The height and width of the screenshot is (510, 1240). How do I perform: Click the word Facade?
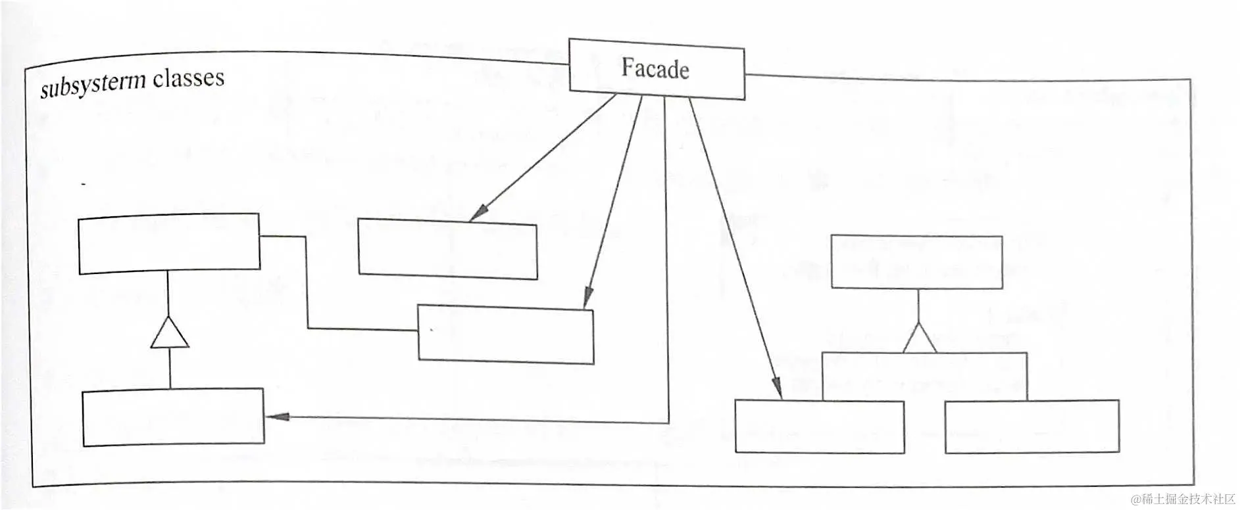tap(655, 69)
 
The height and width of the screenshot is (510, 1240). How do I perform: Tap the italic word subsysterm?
tap(93, 85)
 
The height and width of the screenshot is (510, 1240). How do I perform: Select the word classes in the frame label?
tap(189, 78)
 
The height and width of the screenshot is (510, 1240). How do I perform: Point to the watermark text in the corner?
tap(1183, 499)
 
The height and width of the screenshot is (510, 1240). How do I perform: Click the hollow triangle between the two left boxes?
tap(170, 333)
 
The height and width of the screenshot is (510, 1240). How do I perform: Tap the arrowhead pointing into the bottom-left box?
tap(278, 416)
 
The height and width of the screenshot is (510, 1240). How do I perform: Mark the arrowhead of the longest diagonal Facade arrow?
tap(777, 388)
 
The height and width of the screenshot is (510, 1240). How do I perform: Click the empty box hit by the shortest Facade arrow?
tap(447, 250)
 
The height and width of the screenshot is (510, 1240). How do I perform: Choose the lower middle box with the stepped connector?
tap(506, 335)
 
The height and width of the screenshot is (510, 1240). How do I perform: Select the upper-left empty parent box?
tap(169, 243)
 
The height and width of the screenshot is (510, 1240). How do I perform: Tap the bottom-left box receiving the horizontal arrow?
tap(173, 417)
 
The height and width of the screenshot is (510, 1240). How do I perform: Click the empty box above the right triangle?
tap(916, 262)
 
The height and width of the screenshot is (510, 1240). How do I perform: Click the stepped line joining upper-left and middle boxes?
tap(307, 283)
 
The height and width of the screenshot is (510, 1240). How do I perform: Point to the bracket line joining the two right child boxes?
tap(924, 353)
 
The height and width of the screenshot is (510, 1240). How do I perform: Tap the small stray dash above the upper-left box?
tap(84, 185)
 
